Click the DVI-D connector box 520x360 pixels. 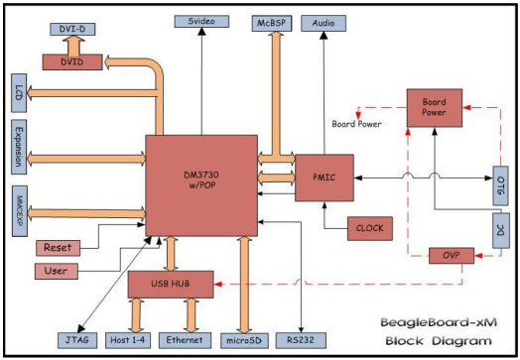72,29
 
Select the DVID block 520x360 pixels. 72,62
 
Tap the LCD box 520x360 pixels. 19,93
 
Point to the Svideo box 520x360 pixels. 201,21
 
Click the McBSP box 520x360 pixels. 272,23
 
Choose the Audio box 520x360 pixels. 324,23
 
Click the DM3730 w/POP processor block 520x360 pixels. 201,185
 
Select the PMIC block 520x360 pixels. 325,178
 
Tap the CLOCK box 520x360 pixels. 370,228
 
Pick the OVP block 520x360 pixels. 452,256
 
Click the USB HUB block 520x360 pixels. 171,284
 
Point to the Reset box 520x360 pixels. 58,248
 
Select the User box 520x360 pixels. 57,271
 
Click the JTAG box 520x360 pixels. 77,340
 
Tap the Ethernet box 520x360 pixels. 185,340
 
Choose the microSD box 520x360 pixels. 244,340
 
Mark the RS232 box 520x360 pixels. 301,340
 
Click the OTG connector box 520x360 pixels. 500,185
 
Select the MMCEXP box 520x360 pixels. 20,211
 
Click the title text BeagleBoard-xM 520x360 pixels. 439,322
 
